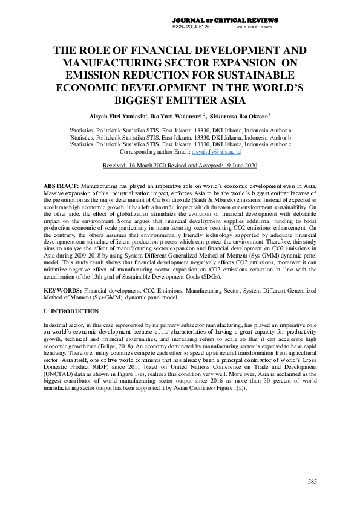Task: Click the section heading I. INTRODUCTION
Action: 71,311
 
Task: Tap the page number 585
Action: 312,481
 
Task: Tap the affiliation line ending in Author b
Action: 180,137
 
